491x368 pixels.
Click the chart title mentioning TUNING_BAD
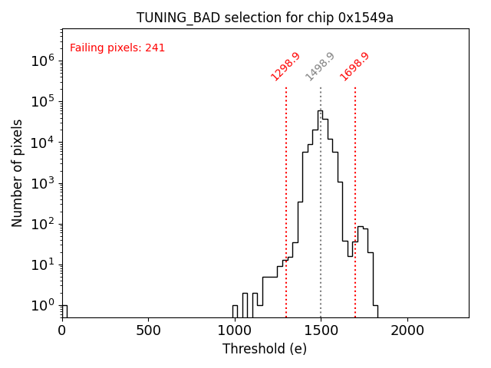(265, 18)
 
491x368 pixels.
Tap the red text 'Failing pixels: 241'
(117, 48)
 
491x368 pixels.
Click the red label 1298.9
(285, 66)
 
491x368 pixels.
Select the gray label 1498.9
(320, 66)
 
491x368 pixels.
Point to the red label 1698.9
(354, 66)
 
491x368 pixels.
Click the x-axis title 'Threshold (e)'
(265, 349)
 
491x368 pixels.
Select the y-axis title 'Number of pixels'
(18, 172)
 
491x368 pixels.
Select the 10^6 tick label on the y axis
(41, 61)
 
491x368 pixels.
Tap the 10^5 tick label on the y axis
(41, 101)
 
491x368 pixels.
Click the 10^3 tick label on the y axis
(41, 183)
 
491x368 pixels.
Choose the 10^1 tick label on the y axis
(41, 264)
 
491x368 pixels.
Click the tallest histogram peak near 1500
(319, 111)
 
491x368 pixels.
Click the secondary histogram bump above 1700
(361, 228)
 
